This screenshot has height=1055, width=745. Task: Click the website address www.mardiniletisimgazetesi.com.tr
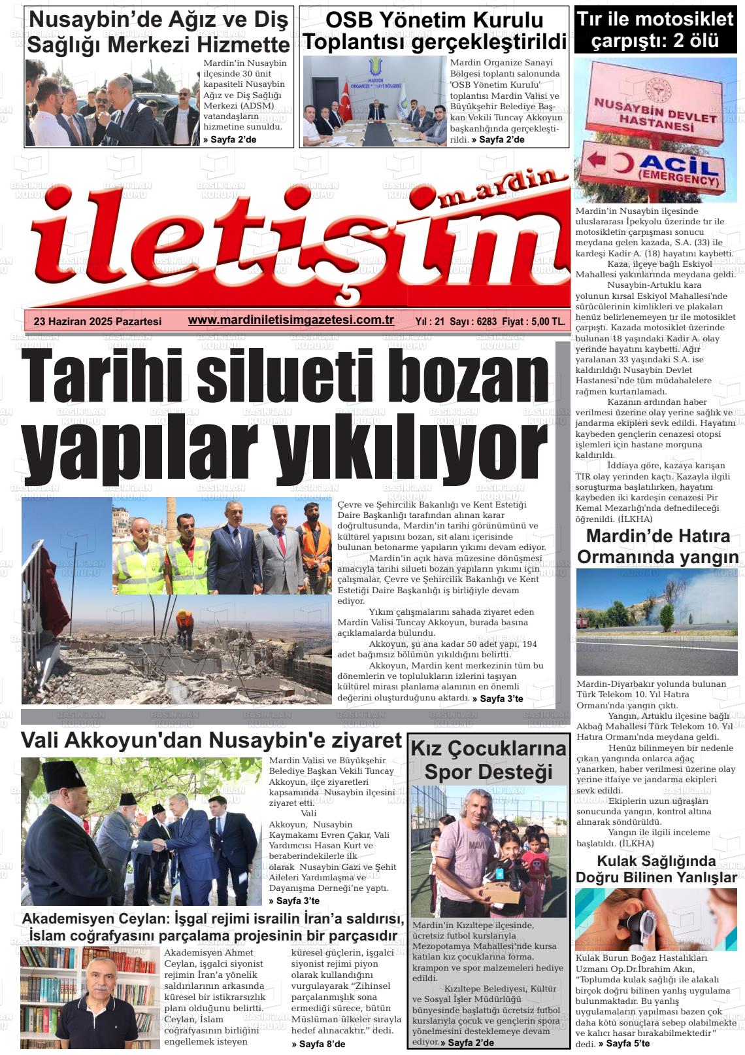tap(290, 319)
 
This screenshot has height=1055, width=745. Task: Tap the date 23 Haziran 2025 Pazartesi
tap(97, 321)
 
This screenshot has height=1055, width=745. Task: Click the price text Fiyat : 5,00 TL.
tap(534, 322)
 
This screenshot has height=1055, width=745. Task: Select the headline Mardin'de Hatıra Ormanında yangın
tap(657, 546)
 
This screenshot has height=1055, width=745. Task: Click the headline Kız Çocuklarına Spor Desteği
tap(488, 759)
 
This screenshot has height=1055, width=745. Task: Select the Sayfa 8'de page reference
tap(318, 1044)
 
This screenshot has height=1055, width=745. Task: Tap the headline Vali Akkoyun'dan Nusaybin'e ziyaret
tap(210, 740)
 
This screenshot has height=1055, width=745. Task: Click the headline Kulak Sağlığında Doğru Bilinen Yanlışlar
tap(656, 869)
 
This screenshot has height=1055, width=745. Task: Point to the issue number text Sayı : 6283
tap(473, 322)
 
